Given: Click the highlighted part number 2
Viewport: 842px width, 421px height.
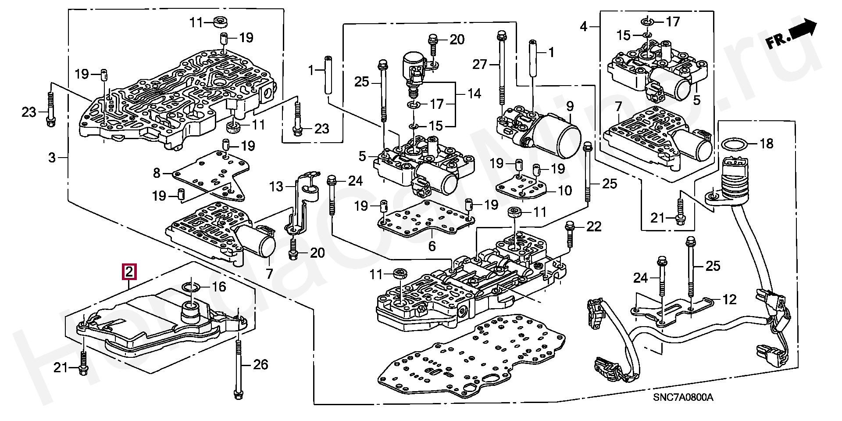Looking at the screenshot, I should [x=129, y=272].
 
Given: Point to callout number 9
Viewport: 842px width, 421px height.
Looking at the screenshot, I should [x=570, y=106].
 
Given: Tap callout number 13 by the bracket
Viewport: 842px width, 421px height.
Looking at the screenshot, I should [x=276, y=187].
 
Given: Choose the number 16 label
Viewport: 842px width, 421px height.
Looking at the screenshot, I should [x=219, y=287].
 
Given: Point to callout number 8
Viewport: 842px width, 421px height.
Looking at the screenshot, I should [x=157, y=173].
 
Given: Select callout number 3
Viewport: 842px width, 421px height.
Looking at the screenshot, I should [x=52, y=157].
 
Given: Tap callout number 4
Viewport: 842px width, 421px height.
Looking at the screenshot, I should [x=583, y=27].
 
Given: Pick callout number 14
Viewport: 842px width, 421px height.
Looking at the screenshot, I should [x=474, y=94].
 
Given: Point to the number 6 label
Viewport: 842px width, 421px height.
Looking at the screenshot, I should [x=432, y=246].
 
